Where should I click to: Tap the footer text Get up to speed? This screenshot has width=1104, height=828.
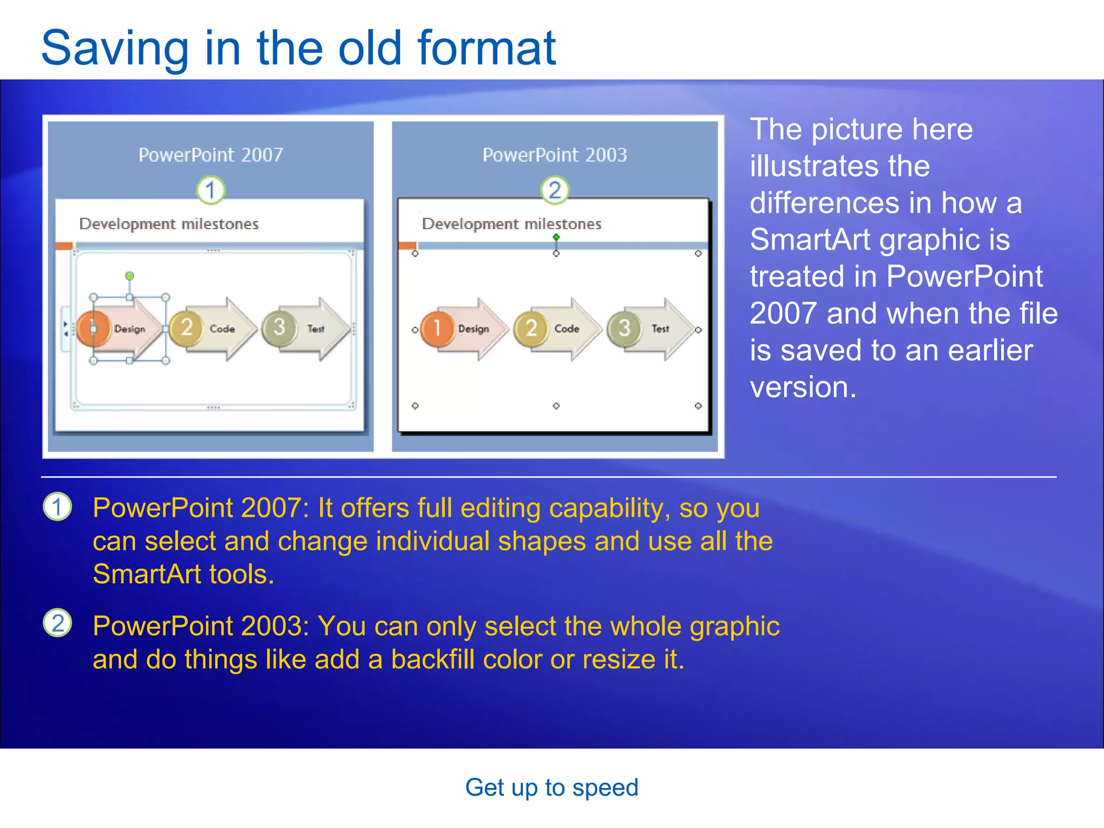pyautogui.click(x=551, y=788)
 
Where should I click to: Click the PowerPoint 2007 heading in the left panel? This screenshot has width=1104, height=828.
pyautogui.click(x=210, y=155)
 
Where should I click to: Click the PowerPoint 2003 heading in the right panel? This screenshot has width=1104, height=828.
pyautogui.click(x=555, y=155)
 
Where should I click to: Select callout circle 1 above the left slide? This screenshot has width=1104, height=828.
pyautogui.click(x=210, y=190)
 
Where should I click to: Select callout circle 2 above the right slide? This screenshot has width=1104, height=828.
pyautogui.click(x=555, y=190)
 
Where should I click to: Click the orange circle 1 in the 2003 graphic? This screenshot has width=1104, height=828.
pyautogui.click(x=437, y=328)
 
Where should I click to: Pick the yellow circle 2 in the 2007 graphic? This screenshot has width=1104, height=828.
pyautogui.click(x=186, y=327)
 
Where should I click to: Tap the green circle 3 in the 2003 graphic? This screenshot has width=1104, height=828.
pyautogui.click(x=624, y=328)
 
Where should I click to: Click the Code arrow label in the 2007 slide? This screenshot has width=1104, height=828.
pyautogui.click(x=222, y=329)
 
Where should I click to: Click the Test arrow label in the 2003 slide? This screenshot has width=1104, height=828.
pyautogui.click(x=660, y=329)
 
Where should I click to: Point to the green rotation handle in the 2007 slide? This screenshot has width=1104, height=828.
pyautogui.click(x=129, y=276)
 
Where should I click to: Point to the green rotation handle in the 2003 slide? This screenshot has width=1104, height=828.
pyautogui.click(x=556, y=237)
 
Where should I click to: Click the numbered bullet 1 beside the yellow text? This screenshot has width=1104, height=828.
pyautogui.click(x=57, y=507)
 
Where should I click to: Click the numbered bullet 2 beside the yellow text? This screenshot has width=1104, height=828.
pyautogui.click(x=57, y=623)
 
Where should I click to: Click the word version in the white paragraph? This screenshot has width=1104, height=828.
pyautogui.click(x=802, y=387)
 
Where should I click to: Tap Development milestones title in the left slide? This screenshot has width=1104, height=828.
pyautogui.click(x=169, y=224)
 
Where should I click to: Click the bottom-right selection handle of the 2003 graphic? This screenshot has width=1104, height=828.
pyautogui.click(x=698, y=405)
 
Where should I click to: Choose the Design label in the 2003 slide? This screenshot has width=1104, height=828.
pyautogui.click(x=473, y=329)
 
